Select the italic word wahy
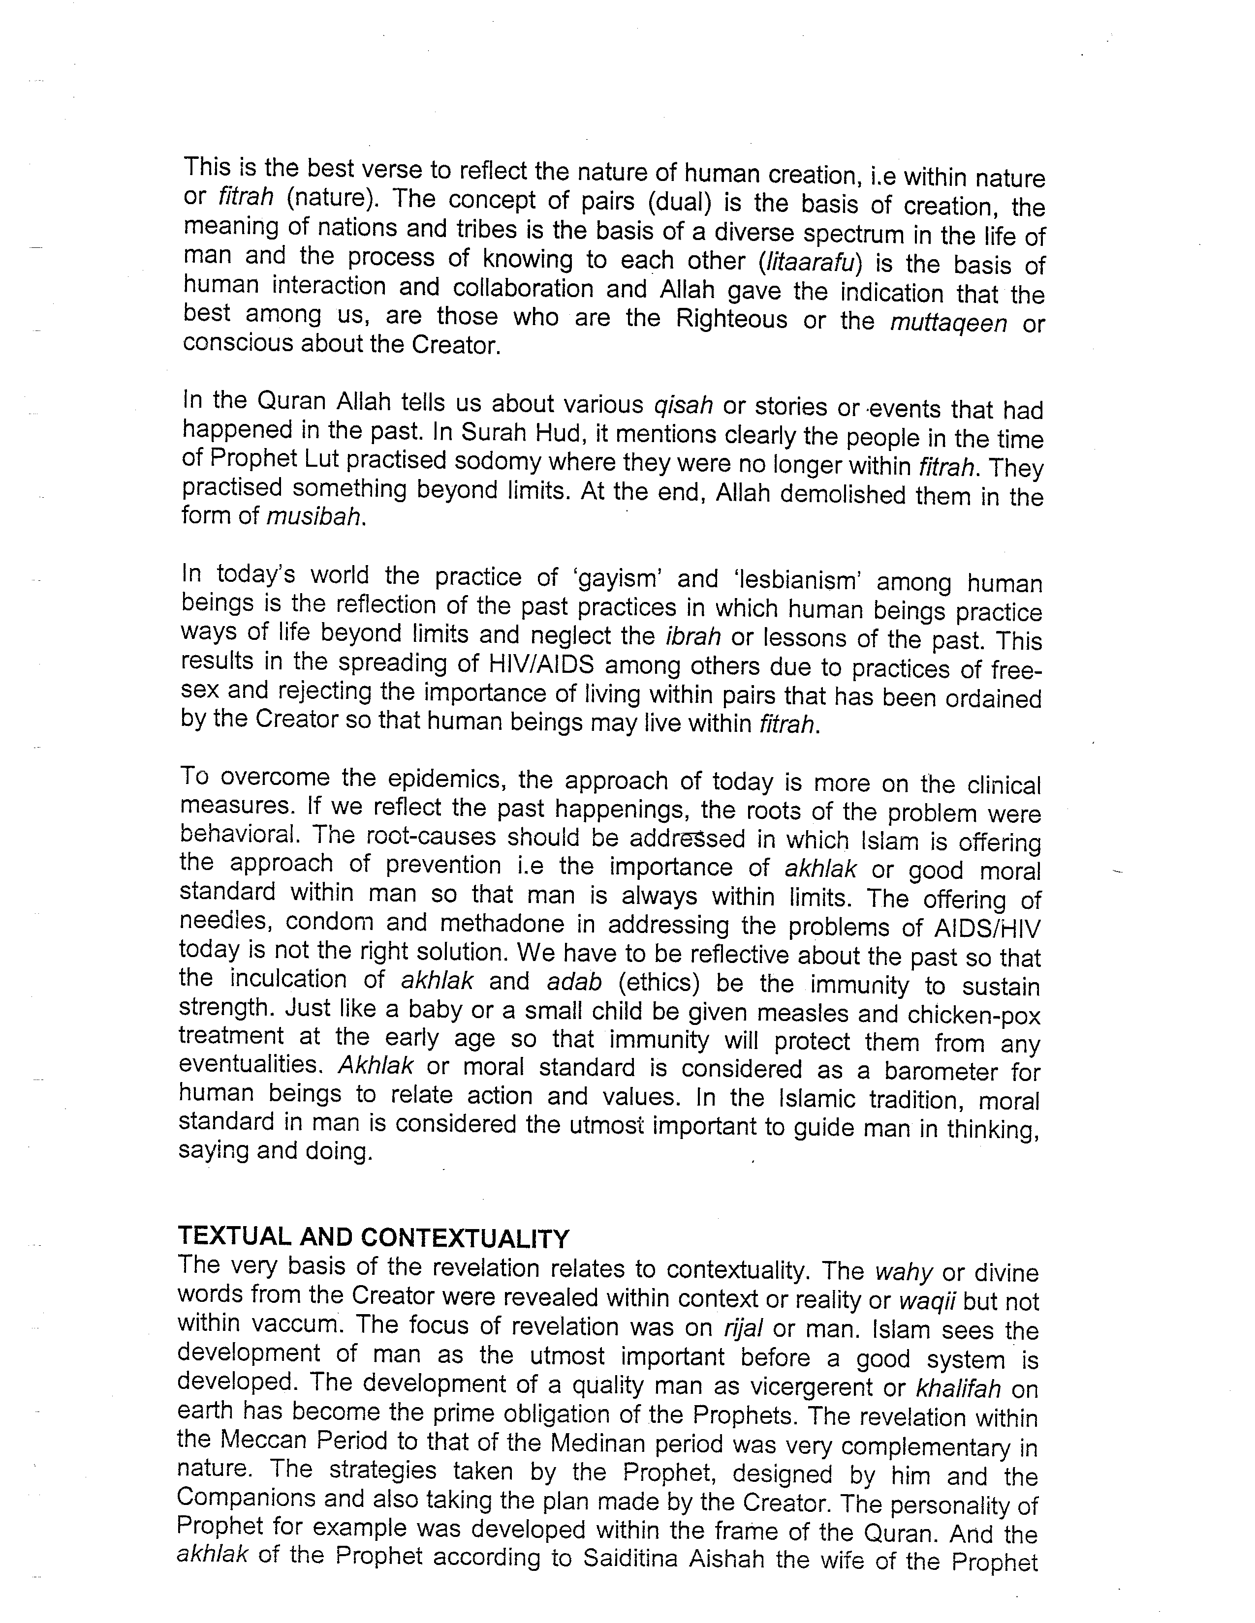tap(903, 1272)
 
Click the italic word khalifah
tap(959, 1387)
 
